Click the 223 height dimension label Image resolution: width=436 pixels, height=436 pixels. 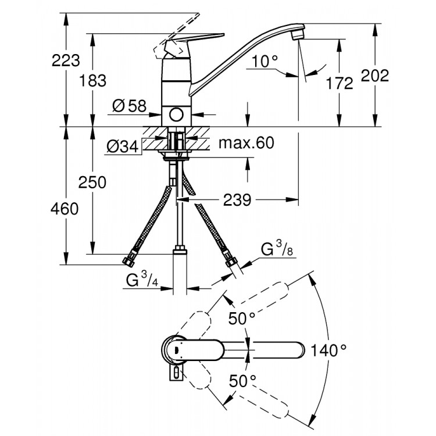48,60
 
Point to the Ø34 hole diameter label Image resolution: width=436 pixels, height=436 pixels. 122,148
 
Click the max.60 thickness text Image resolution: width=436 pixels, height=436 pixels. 246,143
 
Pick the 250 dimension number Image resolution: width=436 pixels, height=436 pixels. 92,182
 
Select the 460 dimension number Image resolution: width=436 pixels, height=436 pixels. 63,209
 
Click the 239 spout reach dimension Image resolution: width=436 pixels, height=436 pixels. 238,200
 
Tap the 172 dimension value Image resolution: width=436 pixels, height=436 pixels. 339,83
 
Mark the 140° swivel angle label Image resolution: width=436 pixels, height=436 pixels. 328,350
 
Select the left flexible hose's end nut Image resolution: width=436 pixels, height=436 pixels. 130,261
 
